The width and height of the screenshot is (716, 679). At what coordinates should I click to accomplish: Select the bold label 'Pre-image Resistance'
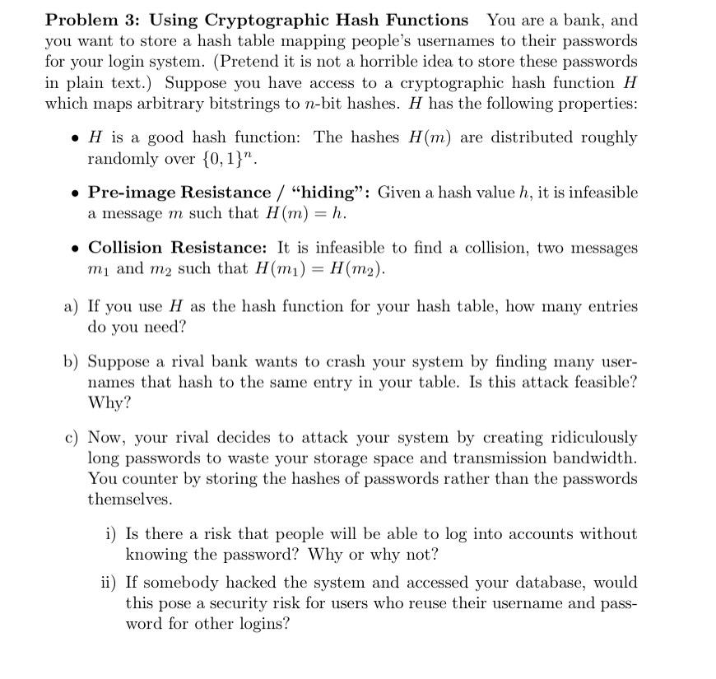(179, 193)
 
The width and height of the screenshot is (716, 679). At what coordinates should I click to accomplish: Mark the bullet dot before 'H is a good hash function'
(76, 138)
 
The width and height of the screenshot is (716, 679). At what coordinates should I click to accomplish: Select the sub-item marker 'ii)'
(109, 583)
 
